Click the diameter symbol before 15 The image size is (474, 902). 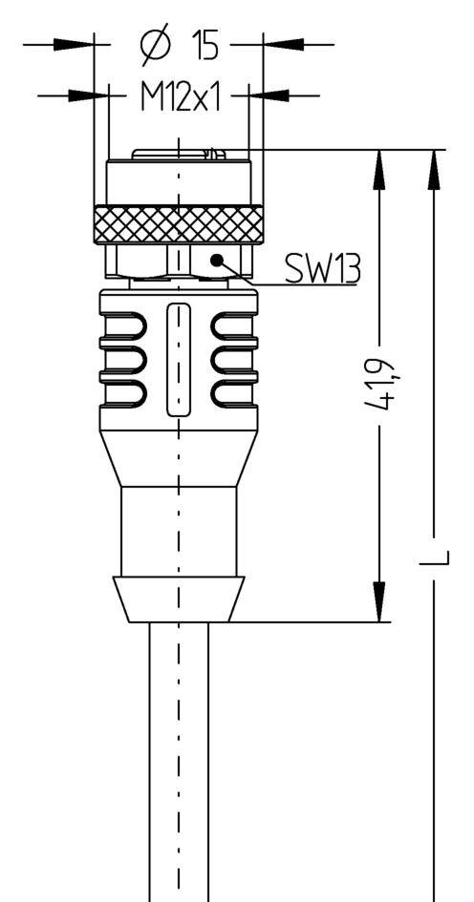[156, 45]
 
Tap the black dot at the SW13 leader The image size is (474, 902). [216, 259]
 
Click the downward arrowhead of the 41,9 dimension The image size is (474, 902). [379, 602]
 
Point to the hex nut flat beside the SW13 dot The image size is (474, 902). [223, 261]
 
